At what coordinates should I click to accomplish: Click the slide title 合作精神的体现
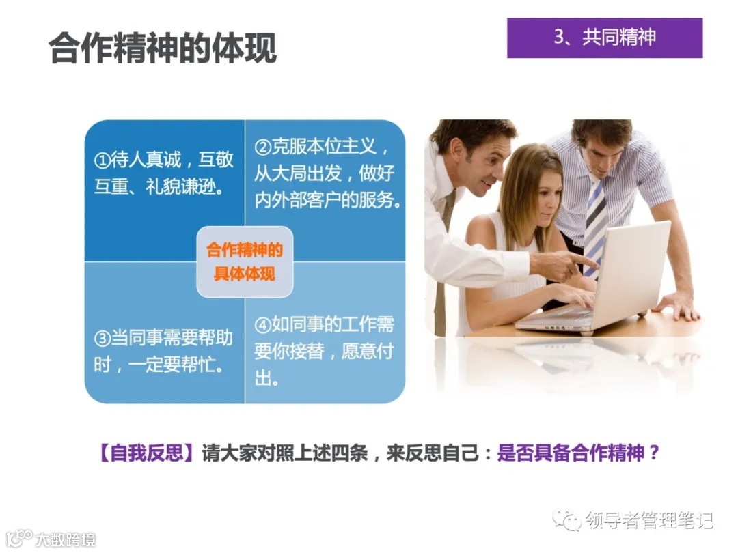163,48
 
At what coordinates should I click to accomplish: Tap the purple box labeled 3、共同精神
605,38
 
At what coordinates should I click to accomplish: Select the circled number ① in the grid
102,161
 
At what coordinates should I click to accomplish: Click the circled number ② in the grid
263,147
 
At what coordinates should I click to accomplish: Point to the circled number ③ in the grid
102,339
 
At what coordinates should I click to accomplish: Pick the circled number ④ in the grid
263,325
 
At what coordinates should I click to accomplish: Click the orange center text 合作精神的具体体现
245,261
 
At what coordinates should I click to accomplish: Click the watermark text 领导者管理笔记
648,520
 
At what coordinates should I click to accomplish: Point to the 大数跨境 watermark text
64,539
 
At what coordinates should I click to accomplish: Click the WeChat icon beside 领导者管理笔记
567,520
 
